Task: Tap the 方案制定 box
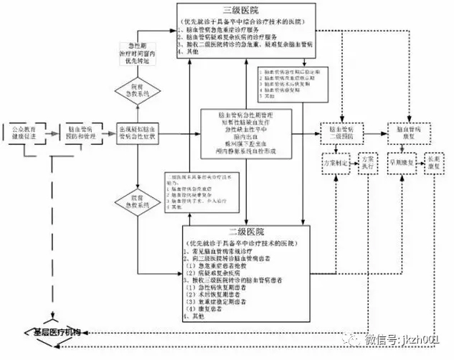336,161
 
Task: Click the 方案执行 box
367,161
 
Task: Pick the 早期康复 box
402,161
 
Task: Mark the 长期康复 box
434,161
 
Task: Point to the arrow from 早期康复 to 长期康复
418,161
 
